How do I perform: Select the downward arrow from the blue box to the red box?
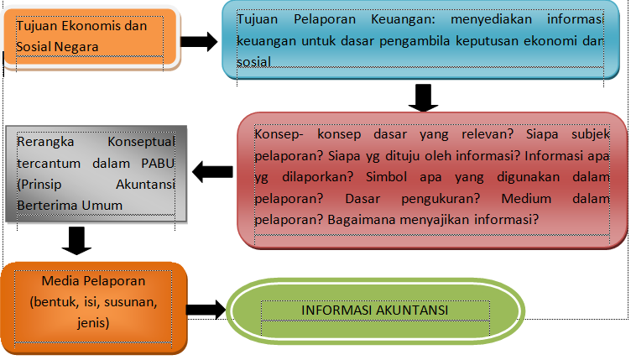(423, 97)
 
